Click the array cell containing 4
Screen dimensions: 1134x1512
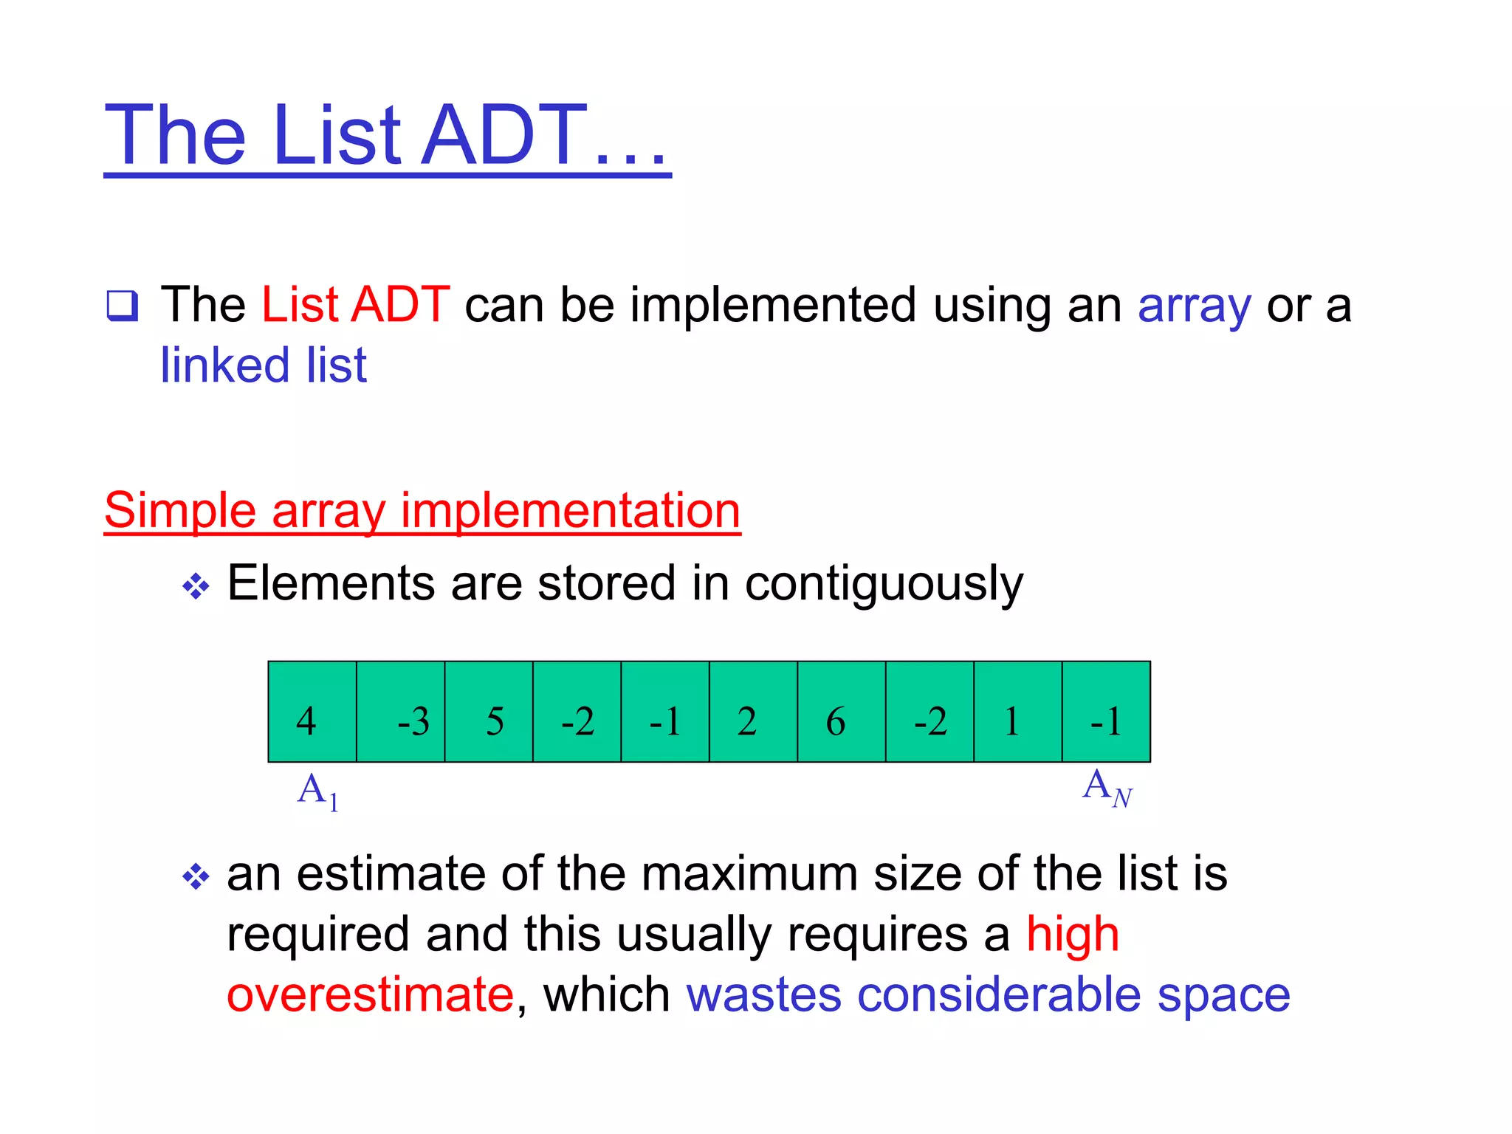(312, 712)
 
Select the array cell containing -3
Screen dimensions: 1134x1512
(401, 712)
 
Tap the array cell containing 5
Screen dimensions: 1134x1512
(489, 712)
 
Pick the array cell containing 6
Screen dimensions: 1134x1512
(842, 712)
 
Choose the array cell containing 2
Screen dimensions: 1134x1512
(753, 712)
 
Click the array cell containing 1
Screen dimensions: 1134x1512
(1018, 712)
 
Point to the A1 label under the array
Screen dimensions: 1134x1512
(318, 791)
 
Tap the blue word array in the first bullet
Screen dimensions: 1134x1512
(1195, 306)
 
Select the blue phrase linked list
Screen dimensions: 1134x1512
(264, 365)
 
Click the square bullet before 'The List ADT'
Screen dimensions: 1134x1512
(122, 306)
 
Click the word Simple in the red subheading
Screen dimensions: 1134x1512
(180, 510)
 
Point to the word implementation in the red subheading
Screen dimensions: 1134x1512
(570, 510)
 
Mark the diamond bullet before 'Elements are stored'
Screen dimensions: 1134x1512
(196, 587)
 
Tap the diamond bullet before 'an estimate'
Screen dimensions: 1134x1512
(196, 877)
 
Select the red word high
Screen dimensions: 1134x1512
(1073, 935)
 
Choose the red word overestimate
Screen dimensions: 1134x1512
(370, 994)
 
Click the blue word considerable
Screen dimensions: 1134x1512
(999, 994)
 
